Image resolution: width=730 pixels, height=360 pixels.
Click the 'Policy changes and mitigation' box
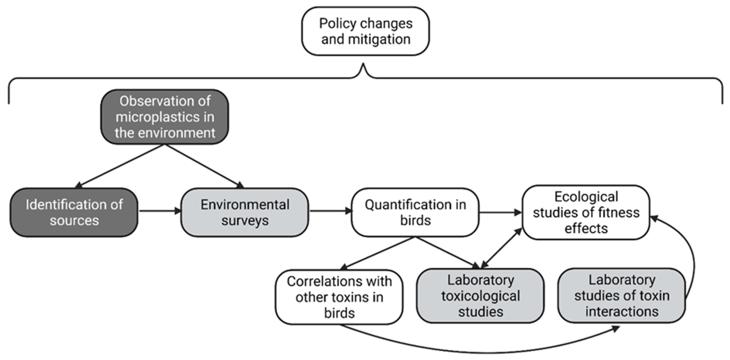point(365,31)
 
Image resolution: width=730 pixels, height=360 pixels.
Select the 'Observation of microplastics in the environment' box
point(165,117)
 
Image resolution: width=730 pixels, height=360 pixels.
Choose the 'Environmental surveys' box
point(245,212)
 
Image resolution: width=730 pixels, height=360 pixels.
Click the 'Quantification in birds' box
point(415,212)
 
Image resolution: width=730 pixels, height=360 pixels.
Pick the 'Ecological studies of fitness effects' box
point(586,212)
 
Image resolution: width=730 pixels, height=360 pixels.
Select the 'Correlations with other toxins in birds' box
point(339,297)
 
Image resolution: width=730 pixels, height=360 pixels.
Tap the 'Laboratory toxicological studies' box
point(480,296)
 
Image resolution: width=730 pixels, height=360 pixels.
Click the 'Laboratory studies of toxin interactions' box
point(622,295)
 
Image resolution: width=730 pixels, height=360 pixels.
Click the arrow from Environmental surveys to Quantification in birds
point(330,211)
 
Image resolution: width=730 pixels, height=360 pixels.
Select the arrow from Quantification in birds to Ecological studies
point(500,212)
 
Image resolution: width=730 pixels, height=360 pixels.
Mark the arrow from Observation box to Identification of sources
point(120,166)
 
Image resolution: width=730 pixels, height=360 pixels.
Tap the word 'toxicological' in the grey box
point(480,296)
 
